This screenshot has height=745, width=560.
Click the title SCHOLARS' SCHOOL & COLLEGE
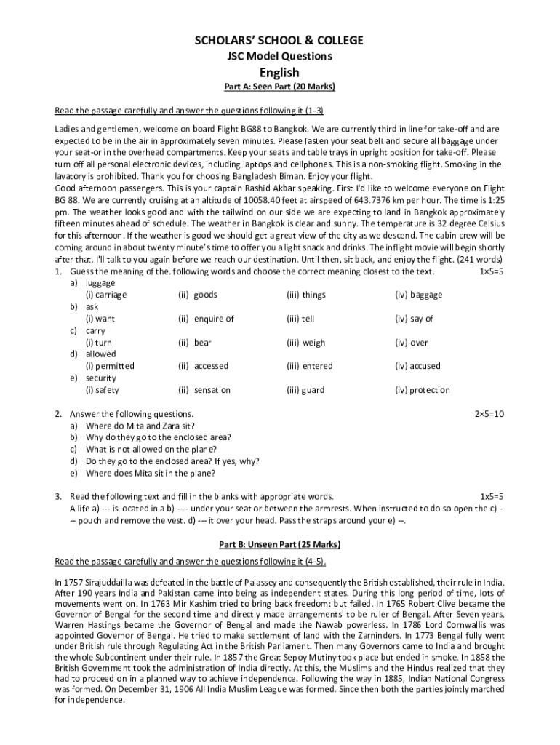(279, 40)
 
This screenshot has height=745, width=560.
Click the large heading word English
(279, 72)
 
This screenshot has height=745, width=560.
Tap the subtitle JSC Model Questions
(279, 56)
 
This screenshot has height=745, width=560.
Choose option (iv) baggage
(418, 295)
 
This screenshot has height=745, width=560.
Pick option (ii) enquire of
(206, 319)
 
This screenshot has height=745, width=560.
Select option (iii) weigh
(306, 343)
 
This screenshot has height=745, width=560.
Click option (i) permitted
(110, 366)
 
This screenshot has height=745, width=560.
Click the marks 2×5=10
(489, 413)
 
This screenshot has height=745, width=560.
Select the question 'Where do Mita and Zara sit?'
(140, 425)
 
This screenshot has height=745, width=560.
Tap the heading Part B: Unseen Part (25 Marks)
(279, 544)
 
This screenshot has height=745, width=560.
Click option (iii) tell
(300, 319)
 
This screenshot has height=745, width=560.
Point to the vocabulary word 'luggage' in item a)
(100, 283)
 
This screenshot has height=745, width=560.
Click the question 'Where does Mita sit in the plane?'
(151, 473)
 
